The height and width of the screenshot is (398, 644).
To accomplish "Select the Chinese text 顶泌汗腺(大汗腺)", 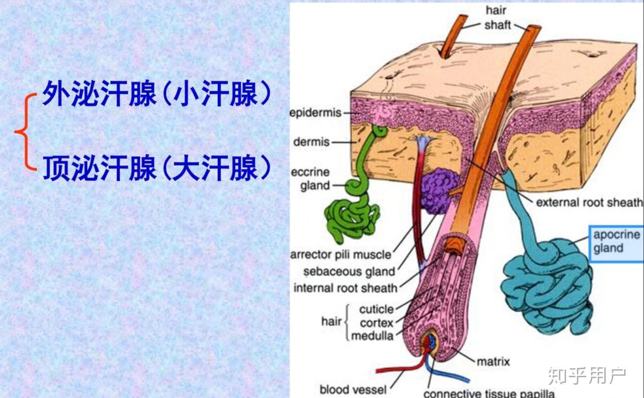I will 156,169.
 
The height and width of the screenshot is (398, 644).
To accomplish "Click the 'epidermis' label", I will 315,114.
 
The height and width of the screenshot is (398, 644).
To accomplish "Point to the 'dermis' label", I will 311,142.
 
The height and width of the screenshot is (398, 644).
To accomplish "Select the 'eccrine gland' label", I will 311,178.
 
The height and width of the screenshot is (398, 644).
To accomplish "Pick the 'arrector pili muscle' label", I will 341,255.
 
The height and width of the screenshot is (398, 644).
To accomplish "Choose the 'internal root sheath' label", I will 345,288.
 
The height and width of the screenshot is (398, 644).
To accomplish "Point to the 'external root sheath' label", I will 589,203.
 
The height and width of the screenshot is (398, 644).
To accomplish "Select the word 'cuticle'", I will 376,309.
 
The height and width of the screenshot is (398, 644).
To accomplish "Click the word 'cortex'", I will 377,323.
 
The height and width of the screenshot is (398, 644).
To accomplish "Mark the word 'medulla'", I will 372,336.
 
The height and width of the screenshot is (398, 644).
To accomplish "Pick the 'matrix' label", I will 493,362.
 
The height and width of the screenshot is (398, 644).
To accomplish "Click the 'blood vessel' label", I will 353,390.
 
